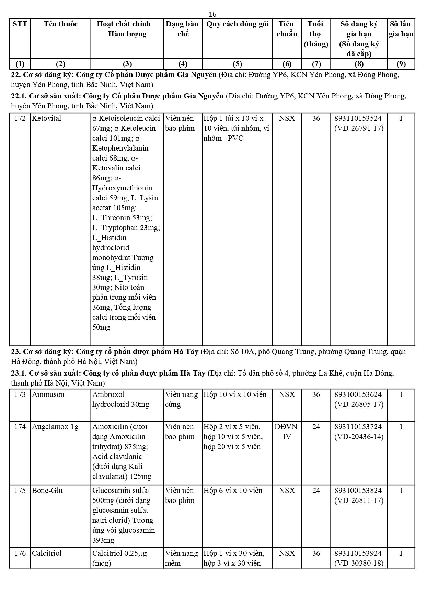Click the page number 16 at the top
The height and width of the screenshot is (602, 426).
[212, 14]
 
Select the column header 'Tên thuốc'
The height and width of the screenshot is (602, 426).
[60, 24]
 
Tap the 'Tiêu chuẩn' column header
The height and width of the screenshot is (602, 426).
[287, 29]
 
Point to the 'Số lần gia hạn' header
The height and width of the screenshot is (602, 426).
[401, 29]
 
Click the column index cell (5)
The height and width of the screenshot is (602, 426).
[237, 64]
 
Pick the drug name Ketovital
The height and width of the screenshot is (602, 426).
[46, 118]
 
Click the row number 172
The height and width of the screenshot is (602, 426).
[20, 118]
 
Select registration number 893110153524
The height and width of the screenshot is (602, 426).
[358, 118]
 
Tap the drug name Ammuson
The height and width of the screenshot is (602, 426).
[48, 394]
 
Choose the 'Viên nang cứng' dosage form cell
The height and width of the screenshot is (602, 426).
[181, 399]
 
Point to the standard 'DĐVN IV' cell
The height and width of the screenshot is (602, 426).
[286, 432]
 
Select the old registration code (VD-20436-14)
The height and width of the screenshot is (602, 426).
[359, 437]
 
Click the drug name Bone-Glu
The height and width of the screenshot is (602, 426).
[47, 491]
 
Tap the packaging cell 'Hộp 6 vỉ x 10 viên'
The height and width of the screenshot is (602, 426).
[233, 491]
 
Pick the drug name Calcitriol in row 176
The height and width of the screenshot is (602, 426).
[47, 553]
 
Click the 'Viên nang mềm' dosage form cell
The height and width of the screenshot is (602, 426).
[181, 558]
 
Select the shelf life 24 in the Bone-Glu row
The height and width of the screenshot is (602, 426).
[316, 491]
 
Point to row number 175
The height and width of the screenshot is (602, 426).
[20, 491]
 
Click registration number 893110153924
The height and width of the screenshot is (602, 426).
[358, 553]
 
